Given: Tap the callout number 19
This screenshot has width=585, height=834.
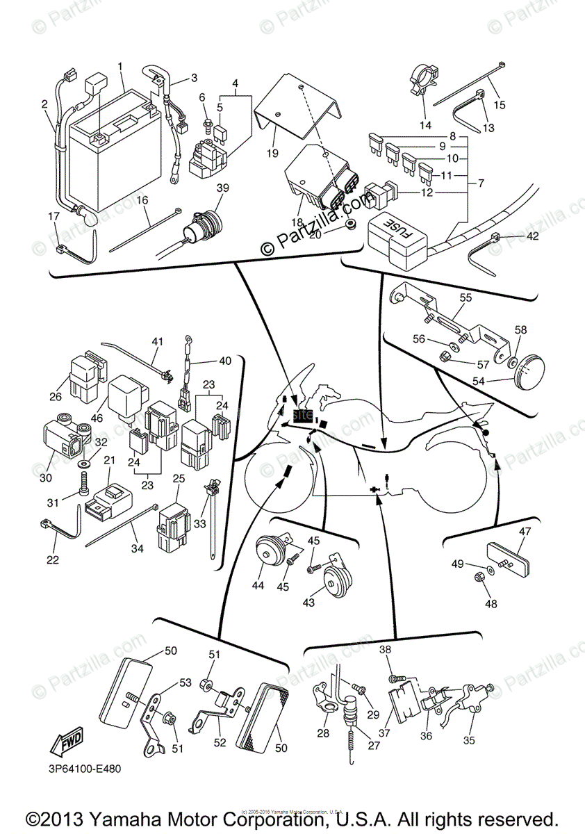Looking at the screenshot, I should click(272, 152).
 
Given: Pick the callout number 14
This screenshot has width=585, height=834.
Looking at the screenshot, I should click(425, 125).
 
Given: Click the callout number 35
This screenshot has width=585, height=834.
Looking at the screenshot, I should click(469, 740).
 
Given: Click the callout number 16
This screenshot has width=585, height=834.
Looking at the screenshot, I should click(142, 199).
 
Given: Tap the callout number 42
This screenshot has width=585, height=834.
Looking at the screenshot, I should click(532, 237).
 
